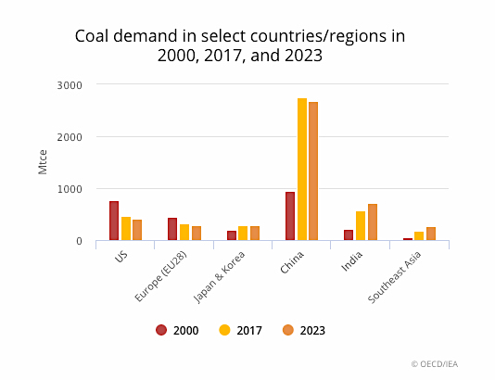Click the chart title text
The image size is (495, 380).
239,45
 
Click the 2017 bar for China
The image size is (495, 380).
302,170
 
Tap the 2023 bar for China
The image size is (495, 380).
313,171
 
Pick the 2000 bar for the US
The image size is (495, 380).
114,222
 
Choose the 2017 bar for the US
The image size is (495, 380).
126,229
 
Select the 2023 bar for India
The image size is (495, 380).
373,222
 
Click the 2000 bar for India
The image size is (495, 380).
349,235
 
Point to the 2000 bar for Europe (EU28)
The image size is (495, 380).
172,230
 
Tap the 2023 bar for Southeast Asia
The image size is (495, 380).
431,234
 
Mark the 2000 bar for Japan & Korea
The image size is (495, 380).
232,236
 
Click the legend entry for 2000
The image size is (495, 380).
178,330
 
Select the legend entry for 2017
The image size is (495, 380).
241,330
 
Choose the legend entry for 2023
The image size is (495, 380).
303,330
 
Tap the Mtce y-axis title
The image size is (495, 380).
43,162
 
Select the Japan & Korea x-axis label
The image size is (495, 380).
221,276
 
